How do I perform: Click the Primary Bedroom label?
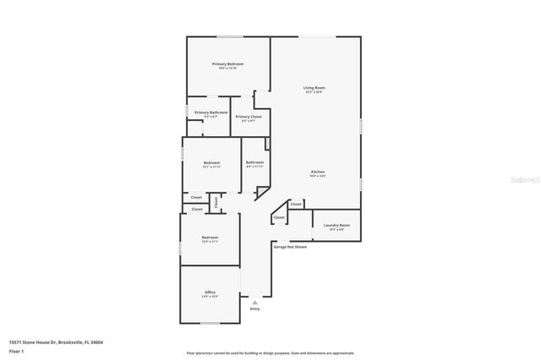pos(228,64)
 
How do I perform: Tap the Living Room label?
pos(314,88)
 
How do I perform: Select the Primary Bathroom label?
pos(210,112)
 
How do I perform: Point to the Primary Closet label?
pos(249,117)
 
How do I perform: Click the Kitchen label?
pos(317,172)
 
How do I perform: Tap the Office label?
pos(210,292)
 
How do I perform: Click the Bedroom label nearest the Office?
pos(210,237)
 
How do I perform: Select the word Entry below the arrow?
pos(255,308)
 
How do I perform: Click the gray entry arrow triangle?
pos(255,301)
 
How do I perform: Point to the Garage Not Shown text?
pos(289,247)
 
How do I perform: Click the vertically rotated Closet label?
pos(216,201)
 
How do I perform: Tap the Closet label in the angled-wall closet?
pos(279,218)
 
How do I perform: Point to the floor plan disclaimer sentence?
pos(270,353)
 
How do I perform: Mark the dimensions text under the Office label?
pos(210,297)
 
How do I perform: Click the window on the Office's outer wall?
pos(210,324)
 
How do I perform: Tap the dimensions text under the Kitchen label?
pos(317,176)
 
